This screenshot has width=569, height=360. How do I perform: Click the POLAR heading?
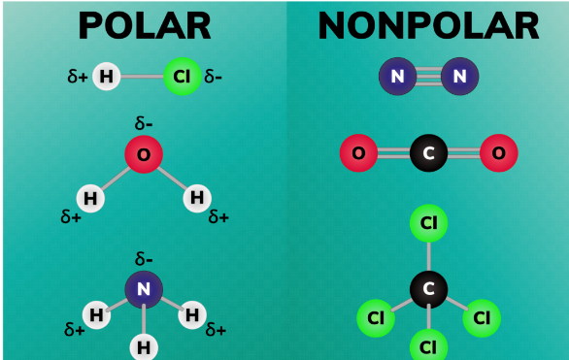point(144,26)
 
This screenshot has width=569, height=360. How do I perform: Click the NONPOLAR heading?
point(428,26)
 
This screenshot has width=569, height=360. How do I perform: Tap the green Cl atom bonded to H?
point(181,77)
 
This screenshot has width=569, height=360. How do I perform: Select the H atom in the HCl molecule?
point(107,77)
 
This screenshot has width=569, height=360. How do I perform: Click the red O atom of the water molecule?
point(144,155)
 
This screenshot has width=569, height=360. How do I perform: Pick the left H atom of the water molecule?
point(90,198)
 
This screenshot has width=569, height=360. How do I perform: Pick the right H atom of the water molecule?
point(197,198)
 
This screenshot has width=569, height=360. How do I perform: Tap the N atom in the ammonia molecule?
point(144,288)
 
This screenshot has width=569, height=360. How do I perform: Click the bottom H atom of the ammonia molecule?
point(144,345)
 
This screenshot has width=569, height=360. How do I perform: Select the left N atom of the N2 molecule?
point(396,76)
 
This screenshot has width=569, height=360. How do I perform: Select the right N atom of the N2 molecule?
point(459,76)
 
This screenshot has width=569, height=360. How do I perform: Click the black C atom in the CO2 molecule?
point(428,152)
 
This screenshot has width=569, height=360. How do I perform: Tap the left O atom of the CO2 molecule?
point(358,152)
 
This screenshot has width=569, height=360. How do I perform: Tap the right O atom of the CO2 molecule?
point(498,152)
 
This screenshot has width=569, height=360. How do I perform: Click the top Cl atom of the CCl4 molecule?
point(428,223)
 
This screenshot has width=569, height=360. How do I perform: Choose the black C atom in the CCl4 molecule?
point(428,288)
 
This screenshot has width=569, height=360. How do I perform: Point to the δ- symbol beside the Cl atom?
point(214,77)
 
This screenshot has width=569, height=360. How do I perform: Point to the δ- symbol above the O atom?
point(144,124)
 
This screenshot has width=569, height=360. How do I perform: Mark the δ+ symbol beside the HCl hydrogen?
point(78,77)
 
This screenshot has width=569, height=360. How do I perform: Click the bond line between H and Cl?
point(143,77)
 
